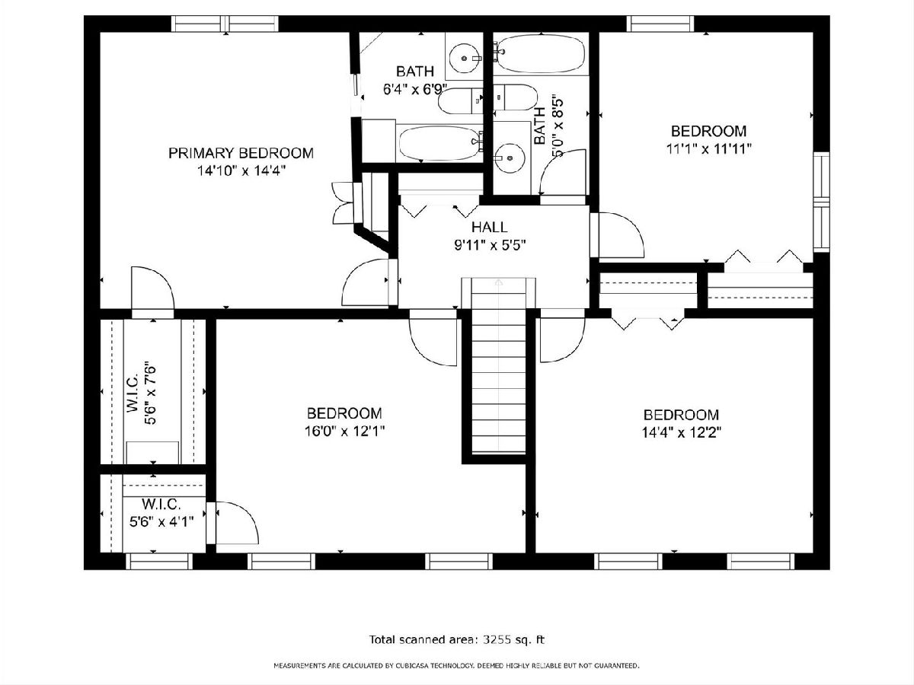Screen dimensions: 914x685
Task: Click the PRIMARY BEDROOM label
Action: pyautogui.click(x=241, y=153)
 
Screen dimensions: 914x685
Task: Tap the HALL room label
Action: pyautogui.click(x=489, y=227)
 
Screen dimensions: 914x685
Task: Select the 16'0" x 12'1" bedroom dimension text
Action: pyautogui.click(x=344, y=432)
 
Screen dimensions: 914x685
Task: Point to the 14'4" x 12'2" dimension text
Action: pyautogui.click(x=681, y=433)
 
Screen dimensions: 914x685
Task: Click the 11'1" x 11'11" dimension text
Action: pyautogui.click(x=708, y=149)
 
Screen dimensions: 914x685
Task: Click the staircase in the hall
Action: pyautogui.click(x=498, y=366)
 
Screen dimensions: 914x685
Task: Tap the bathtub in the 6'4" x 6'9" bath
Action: pyautogui.click(x=440, y=143)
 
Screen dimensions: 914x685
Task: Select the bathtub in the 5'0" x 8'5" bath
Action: pyautogui.click(x=541, y=53)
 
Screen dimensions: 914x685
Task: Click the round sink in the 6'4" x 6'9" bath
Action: pyautogui.click(x=464, y=59)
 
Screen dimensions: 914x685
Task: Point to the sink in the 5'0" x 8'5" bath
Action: pyautogui.click(x=510, y=158)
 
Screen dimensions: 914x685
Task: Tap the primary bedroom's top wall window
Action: pyautogui.click(x=225, y=24)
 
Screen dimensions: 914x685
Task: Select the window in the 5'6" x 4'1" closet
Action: pyautogui.click(x=159, y=561)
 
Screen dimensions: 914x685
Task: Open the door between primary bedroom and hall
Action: pyautogui.click(x=366, y=282)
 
